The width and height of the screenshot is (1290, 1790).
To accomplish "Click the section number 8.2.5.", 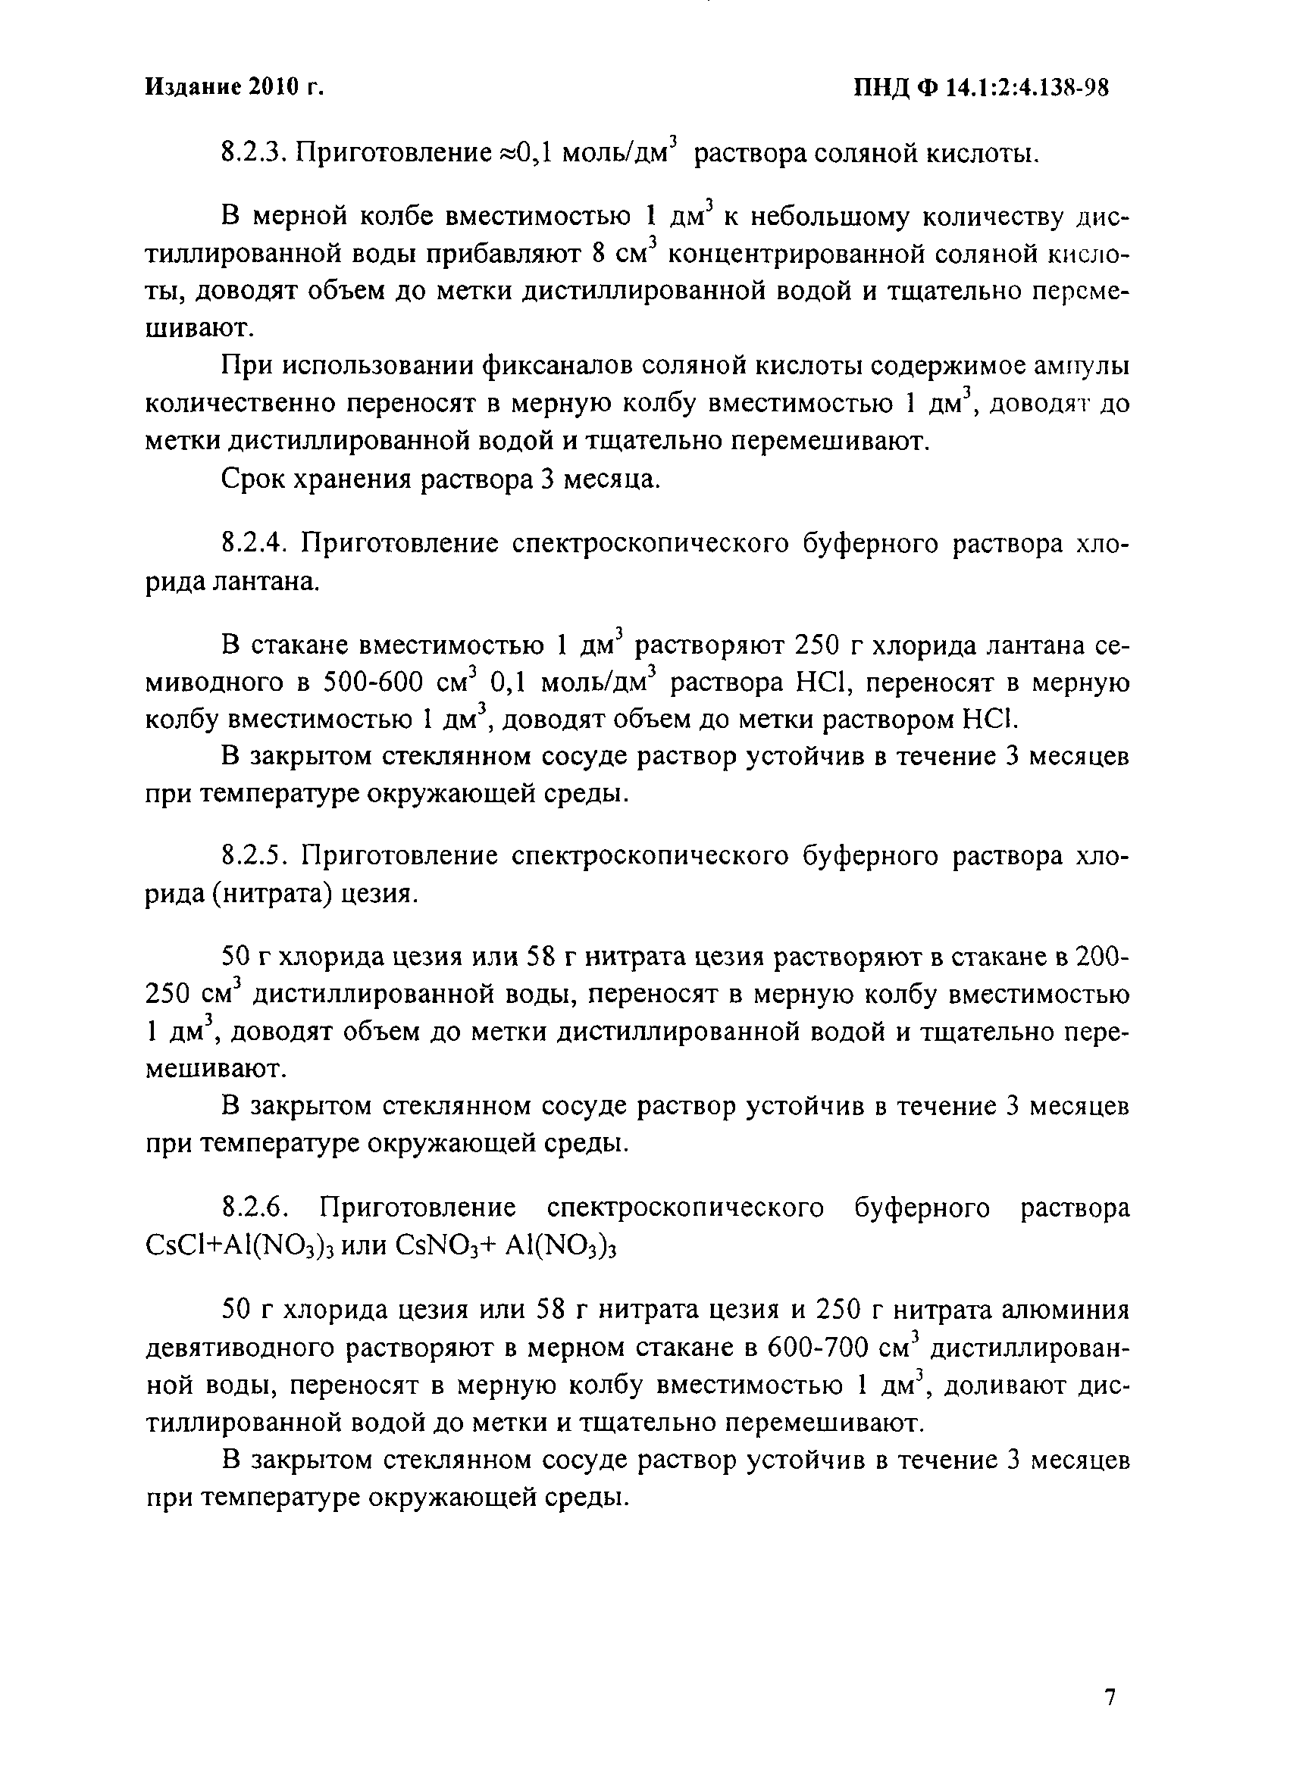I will pos(252,855).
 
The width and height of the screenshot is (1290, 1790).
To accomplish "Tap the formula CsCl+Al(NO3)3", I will pos(263,1246).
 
